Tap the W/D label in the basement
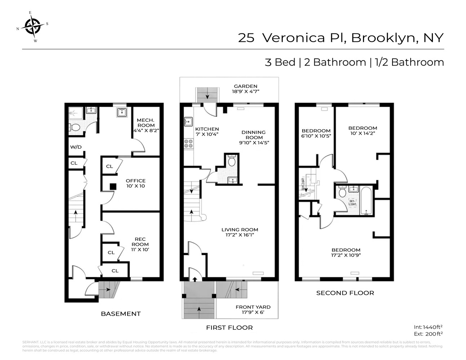(x=76, y=147)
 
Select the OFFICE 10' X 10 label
(x=135, y=183)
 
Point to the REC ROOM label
(x=140, y=244)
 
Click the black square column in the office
(x=113, y=186)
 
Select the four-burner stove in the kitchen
(x=188, y=144)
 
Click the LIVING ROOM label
(x=239, y=232)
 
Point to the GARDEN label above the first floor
(x=246, y=89)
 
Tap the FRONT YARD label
(x=253, y=310)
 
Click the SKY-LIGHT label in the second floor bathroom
(x=352, y=202)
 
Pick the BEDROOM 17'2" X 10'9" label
(x=346, y=252)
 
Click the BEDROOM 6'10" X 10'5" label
(x=316, y=133)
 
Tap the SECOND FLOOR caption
(x=345, y=293)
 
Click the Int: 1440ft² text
(x=428, y=327)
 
